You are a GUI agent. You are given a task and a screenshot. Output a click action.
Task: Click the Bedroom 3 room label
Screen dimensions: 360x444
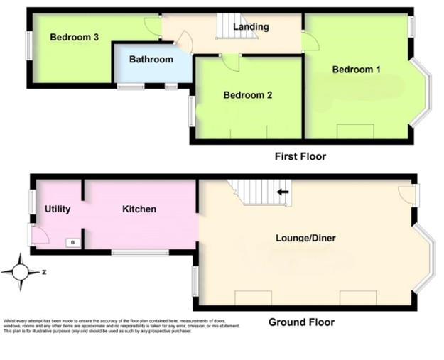coord(74,38)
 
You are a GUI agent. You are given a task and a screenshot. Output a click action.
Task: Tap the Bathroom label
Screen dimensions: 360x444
coord(151,60)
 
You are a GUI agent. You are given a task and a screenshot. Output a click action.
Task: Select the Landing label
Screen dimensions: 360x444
coord(251,27)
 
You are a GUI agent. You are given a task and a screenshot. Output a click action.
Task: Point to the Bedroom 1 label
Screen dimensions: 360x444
coord(357,70)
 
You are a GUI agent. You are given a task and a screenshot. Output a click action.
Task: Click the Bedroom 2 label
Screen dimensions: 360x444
coord(248,95)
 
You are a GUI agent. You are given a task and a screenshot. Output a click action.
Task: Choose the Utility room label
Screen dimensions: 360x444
coord(58,209)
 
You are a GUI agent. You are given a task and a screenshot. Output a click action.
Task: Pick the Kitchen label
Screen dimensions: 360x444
coord(139,209)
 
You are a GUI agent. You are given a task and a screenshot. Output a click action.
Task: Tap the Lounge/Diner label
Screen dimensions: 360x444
coord(305,238)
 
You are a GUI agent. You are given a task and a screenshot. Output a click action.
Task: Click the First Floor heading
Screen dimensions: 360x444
coord(300,156)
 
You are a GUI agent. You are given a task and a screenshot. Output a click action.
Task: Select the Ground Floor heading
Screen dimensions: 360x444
coord(301,322)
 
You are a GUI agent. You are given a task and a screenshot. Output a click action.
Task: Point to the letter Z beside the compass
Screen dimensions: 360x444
coord(43,272)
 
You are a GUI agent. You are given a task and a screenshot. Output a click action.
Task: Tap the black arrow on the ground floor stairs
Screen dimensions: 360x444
coord(283,192)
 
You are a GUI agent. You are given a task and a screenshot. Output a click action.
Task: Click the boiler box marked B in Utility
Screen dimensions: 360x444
coord(71,243)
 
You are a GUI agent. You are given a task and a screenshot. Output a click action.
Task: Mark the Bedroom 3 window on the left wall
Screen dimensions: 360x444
coord(29,47)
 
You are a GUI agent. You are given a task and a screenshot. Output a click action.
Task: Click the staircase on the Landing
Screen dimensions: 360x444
coord(229,27)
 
